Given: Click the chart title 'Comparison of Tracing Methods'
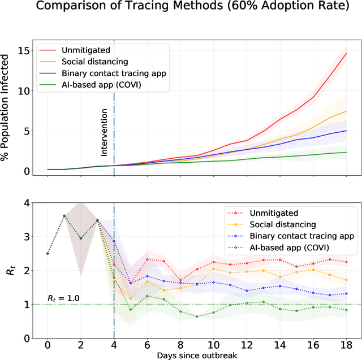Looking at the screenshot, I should [x=180, y=10].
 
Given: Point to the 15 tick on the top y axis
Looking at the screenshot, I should [x=25, y=50].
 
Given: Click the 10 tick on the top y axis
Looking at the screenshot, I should [x=25, y=90].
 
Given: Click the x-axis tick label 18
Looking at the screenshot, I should [x=346, y=344].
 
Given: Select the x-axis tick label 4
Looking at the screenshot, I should [x=114, y=344].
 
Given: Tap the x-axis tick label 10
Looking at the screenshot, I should [x=213, y=344].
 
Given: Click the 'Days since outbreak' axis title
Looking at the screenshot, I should [x=196, y=354].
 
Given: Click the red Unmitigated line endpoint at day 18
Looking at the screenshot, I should [x=346, y=53].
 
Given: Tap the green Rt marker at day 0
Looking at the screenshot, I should [x=48, y=254].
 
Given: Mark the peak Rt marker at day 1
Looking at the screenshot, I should [x=64, y=216].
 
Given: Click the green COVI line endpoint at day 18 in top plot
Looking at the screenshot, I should [x=346, y=152].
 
